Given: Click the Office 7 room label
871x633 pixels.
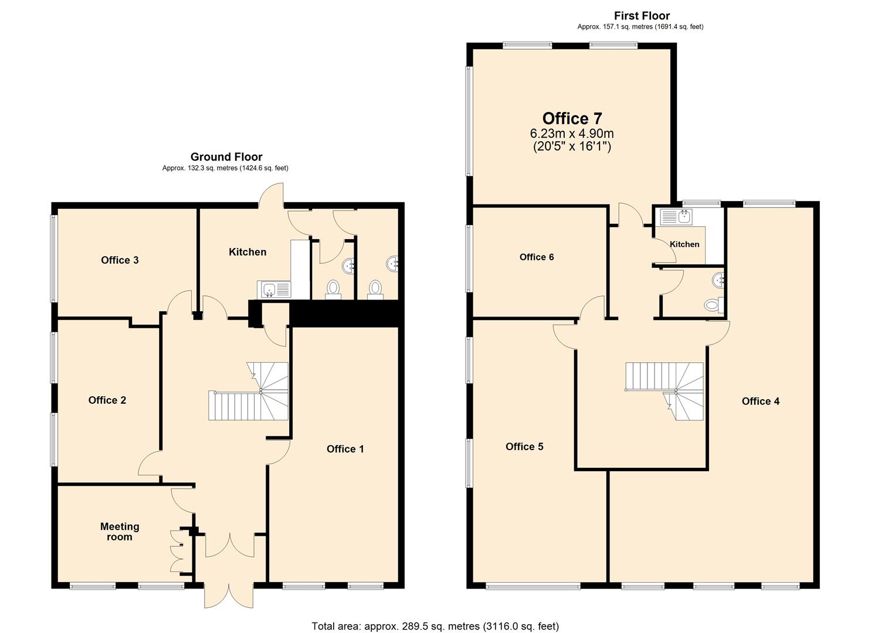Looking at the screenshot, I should tap(572, 119).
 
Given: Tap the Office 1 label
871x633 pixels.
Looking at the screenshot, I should tap(345, 449).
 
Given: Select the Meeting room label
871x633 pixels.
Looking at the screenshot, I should tap(120, 532).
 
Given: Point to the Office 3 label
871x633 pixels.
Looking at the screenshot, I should tap(120, 260).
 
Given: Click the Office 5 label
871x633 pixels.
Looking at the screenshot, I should tap(524, 447).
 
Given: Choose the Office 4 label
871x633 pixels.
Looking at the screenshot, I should tap(760, 401).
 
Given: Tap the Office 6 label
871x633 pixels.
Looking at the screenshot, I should tap(536, 257).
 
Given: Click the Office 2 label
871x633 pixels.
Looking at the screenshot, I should tap(107, 400).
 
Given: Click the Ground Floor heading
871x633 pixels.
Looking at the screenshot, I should tap(226, 156).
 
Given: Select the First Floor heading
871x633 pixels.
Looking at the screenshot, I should tap(642, 16).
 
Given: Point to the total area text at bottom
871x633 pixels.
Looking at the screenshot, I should tap(435, 626).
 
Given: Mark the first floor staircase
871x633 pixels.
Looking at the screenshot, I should tap(666, 390).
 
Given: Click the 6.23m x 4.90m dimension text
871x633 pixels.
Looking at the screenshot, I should tap(572, 134).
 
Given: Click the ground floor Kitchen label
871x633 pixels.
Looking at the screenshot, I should tap(247, 252).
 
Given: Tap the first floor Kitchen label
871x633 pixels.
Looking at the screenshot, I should tap(684, 244).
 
